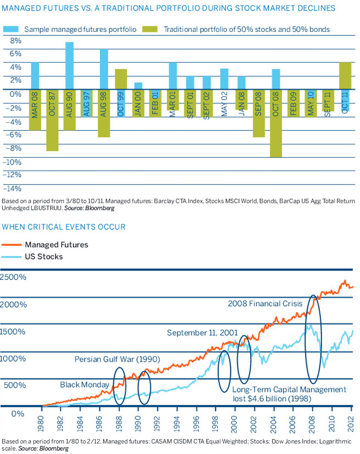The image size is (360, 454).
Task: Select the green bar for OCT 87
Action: [52, 121]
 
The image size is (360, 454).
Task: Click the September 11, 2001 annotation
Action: [203, 333]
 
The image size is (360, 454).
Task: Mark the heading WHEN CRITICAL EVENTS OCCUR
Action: [65, 226]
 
